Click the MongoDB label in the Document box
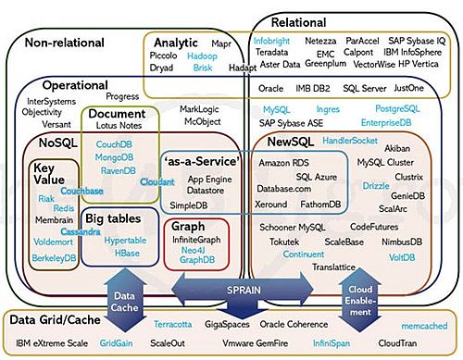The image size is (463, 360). (113, 158)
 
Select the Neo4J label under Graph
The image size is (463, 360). (192, 250)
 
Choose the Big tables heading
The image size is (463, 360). (119, 218)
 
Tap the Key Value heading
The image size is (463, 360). (50, 173)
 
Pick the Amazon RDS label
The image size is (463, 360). (282, 163)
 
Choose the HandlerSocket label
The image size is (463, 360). (350, 140)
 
